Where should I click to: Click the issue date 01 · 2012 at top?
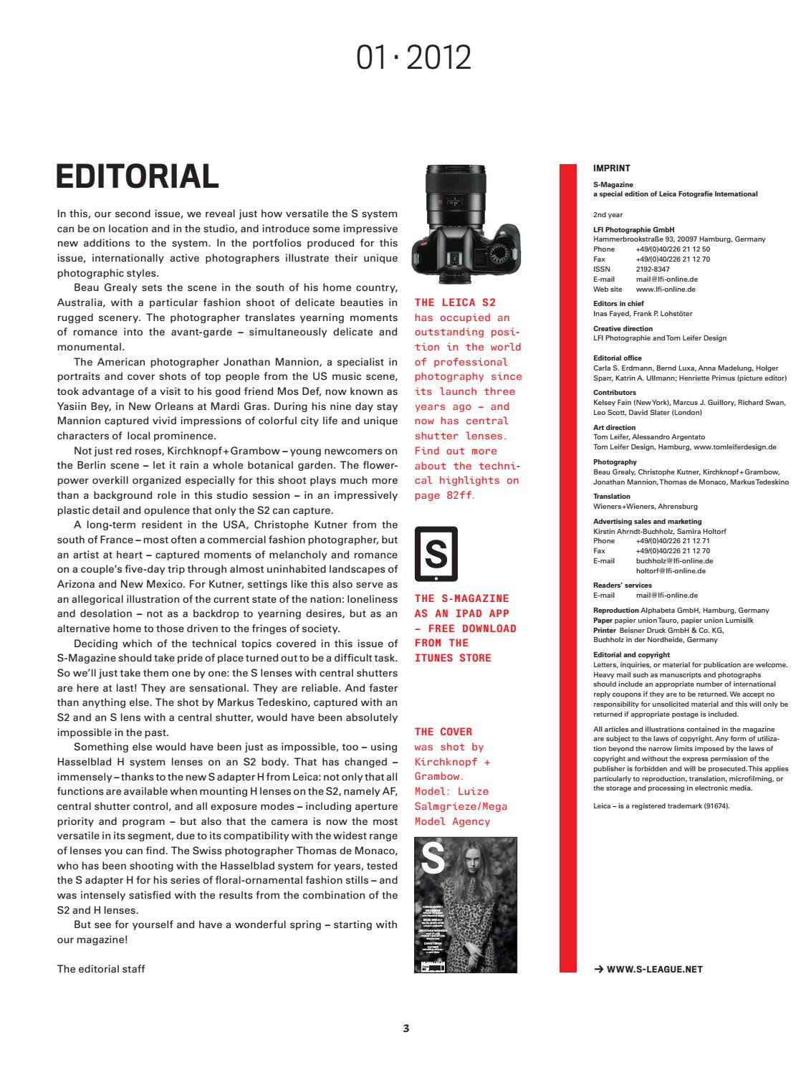(413, 57)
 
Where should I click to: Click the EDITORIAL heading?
(137, 176)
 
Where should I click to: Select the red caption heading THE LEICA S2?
(455, 302)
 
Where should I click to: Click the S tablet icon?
(436, 554)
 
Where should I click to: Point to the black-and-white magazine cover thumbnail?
(466, 904)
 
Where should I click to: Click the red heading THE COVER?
(443, 732)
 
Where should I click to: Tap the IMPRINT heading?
(612, 168)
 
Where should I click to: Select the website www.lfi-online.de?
(666, 290)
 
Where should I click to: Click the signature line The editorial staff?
(101, 969)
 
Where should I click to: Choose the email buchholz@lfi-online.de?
(674, 561)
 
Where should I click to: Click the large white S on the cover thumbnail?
(433, 859)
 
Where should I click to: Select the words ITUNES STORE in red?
(453, 658)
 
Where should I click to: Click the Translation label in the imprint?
(612, 496)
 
